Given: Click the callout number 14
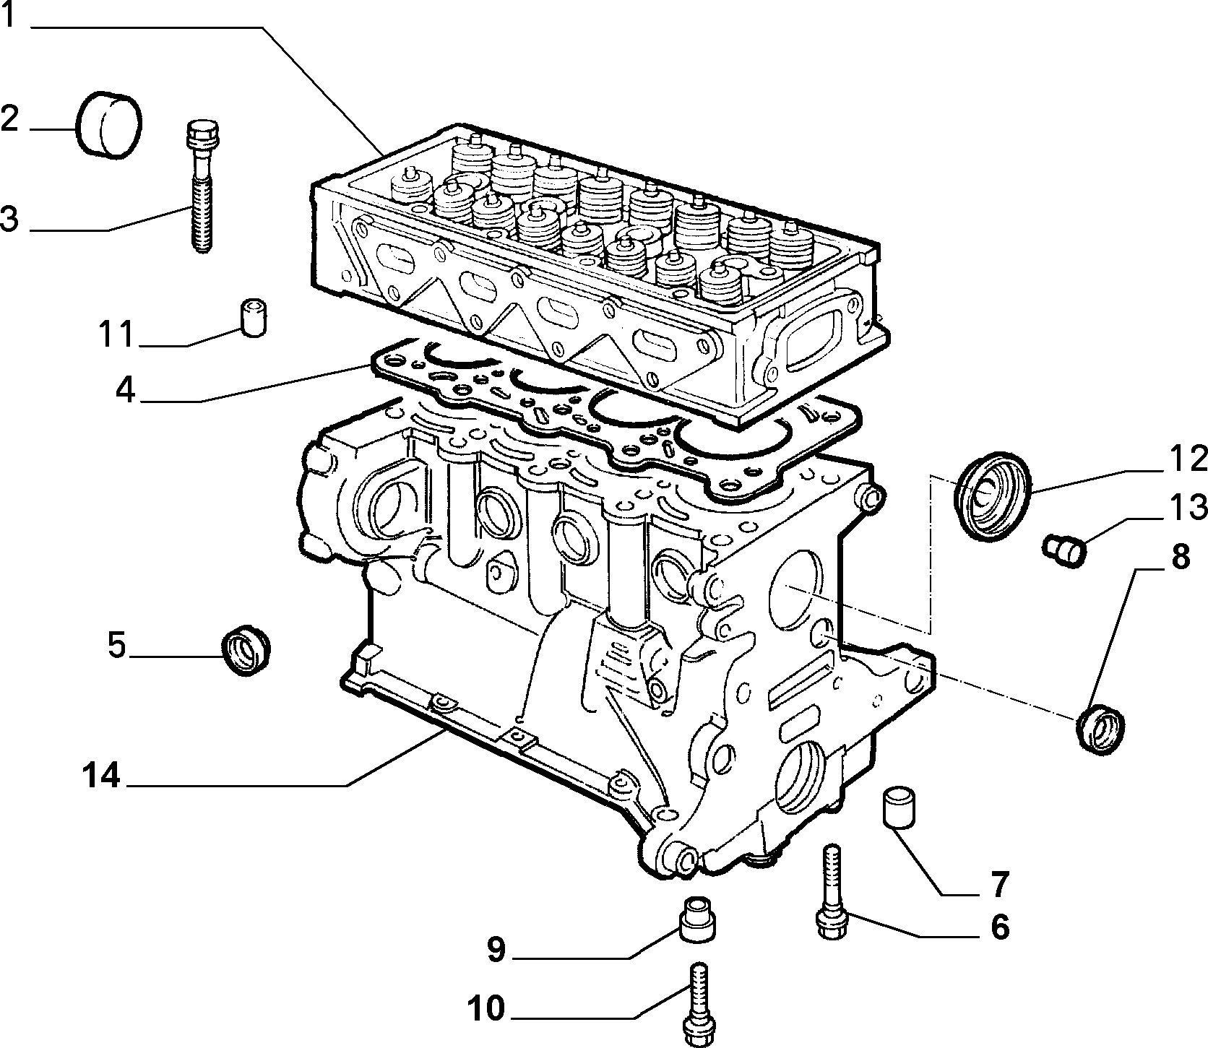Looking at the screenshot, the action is pos(100,776).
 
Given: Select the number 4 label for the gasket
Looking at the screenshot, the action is pos(125,390).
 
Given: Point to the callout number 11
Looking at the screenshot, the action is pos(116,334).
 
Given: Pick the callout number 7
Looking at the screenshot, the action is pos(998,882).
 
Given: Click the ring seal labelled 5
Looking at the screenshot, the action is pos(245,651).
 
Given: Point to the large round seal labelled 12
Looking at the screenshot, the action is pos(993,495).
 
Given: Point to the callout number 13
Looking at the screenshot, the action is pos(1185,508).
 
